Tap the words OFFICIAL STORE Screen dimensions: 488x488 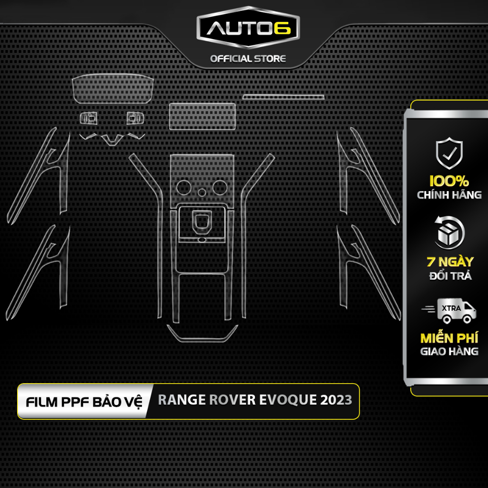[248, 59]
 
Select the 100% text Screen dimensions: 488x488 [449, 182]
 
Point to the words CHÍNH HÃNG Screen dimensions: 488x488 [449, 195]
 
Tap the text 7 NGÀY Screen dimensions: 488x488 [449, 262]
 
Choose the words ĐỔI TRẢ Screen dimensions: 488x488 [449, 276]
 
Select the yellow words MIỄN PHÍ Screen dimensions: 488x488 [449, 338]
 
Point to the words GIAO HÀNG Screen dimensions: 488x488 [449, 352]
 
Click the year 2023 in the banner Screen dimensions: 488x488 [336, 400]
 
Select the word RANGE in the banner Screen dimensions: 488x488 [182, 400]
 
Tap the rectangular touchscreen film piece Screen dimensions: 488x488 [203, 116]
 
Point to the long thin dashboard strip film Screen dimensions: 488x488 [283, 97]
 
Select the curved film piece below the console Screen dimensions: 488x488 [202, 334]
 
